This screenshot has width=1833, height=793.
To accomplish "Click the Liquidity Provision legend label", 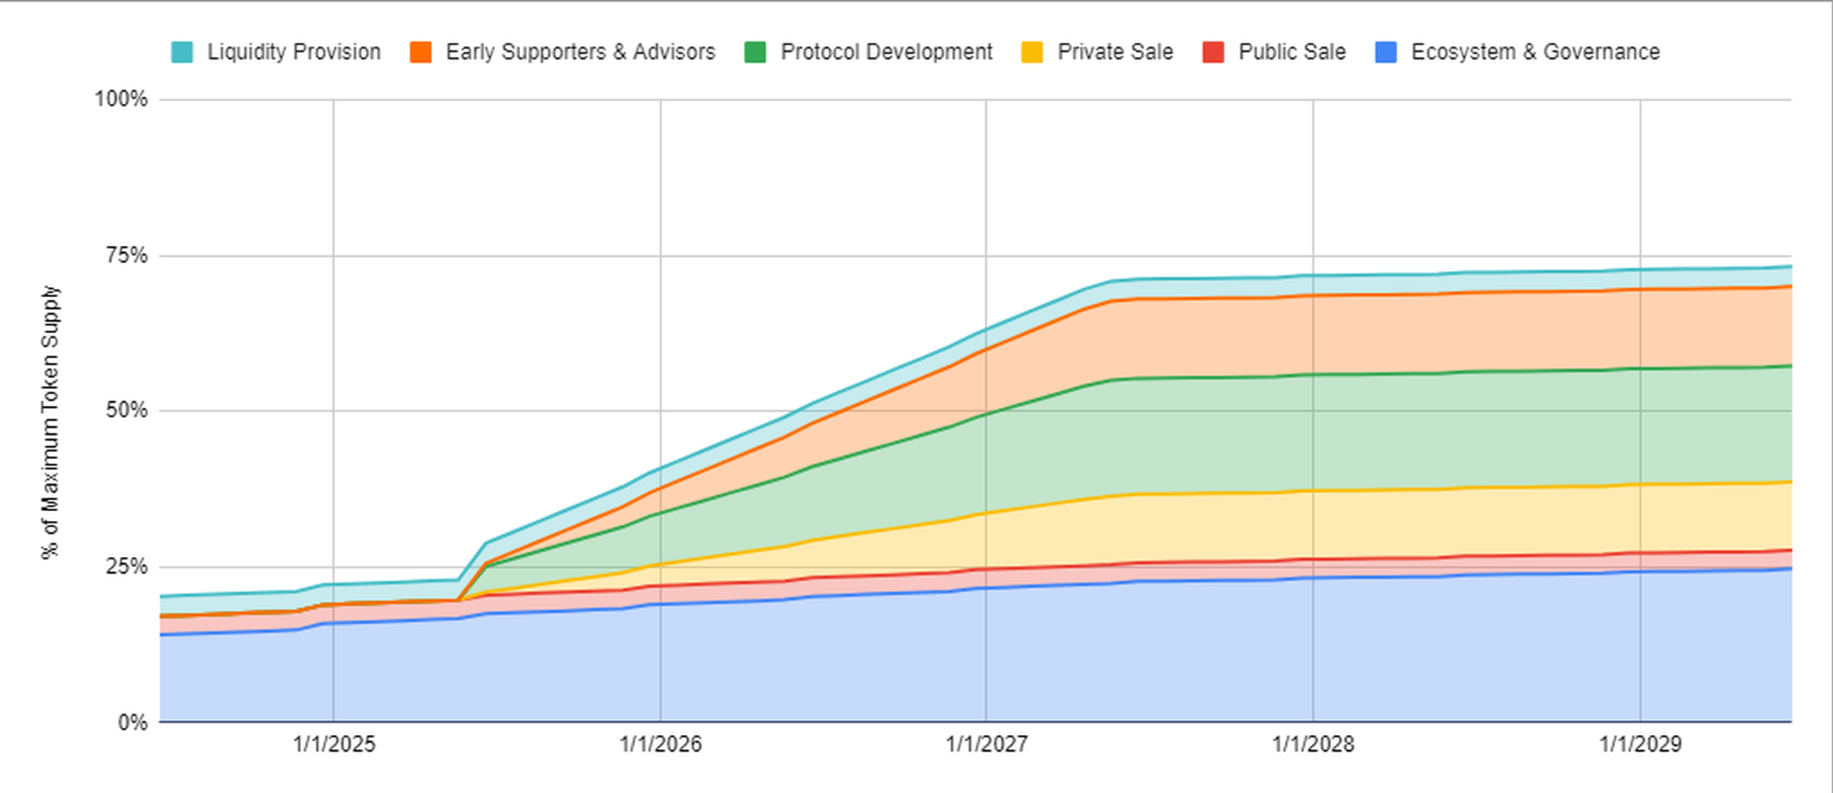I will [294, 52].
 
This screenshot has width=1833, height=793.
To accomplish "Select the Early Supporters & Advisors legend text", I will [580, 52].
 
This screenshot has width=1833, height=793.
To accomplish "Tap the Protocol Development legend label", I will [886, 52].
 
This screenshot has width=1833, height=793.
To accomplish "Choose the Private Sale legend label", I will [1115, 52].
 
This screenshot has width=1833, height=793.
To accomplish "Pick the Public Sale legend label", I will [1292, 52].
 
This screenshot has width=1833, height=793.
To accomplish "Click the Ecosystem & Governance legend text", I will [1535, 52].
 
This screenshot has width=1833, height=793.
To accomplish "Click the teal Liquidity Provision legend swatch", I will [182, 52].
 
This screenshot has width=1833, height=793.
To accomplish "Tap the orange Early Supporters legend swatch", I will [421, 52].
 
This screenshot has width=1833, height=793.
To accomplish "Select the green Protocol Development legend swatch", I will [755, 52].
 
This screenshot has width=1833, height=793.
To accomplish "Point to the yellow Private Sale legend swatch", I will [1032, 52].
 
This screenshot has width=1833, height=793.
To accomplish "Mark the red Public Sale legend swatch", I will [1213, 52].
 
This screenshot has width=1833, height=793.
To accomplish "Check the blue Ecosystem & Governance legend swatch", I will [1385, 52].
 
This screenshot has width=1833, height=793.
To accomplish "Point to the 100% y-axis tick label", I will [121, 99].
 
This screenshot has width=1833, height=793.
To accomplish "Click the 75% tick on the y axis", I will [127, 255].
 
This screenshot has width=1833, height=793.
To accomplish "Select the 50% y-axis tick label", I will [127, 411].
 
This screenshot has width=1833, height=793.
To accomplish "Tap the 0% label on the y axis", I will [132, 722].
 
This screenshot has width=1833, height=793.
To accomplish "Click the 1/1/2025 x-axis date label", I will [334, 744].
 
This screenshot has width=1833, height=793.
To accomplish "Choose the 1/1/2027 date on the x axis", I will [986, 744].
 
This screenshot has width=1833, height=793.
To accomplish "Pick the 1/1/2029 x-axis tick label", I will [1640, 744].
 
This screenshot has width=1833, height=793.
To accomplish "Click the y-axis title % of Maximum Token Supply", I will [50, 422].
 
